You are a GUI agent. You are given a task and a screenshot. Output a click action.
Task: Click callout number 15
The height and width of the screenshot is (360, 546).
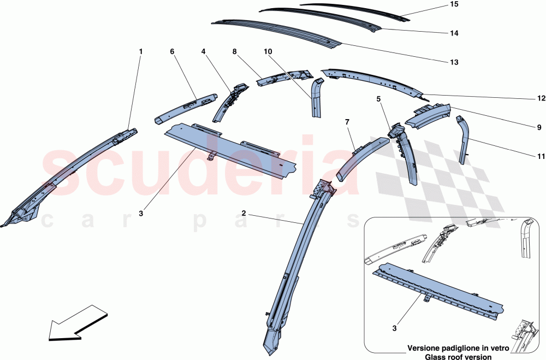(454, 4)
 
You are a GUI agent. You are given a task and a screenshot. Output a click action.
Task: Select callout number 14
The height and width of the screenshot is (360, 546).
(454, 33)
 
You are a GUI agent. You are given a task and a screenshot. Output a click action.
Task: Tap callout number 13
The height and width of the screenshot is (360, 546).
(454, 62)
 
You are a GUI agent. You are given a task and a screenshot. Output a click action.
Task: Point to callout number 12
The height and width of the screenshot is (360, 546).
(541, 99)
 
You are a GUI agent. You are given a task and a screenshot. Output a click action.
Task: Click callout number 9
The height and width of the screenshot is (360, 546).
(539, 127)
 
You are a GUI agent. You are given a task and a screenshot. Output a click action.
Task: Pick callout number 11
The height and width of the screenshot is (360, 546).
(541, 156)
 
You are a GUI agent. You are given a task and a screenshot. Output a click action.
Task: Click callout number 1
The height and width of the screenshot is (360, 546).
(141, 51)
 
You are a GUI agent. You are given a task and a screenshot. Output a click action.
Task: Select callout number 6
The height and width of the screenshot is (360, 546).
(172, 51)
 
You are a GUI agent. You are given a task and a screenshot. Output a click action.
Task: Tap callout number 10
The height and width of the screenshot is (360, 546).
(268, 51)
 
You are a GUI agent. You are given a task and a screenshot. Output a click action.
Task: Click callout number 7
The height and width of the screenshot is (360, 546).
(347, 122)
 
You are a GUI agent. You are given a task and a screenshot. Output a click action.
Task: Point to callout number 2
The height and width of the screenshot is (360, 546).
(244, 213)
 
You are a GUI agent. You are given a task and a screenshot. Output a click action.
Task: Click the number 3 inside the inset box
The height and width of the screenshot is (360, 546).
(394, 328)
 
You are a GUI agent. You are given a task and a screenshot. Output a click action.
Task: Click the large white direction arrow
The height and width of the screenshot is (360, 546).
(78, 322)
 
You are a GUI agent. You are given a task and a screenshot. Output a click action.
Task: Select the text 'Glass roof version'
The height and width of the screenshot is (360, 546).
(458, 357)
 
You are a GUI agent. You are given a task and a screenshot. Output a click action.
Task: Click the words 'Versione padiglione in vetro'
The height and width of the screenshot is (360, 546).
(458, 348)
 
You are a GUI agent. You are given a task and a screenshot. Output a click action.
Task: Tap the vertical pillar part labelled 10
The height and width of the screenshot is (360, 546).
(316, 98)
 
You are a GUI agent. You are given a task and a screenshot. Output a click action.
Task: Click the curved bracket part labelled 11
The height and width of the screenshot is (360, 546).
(464, 139)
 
